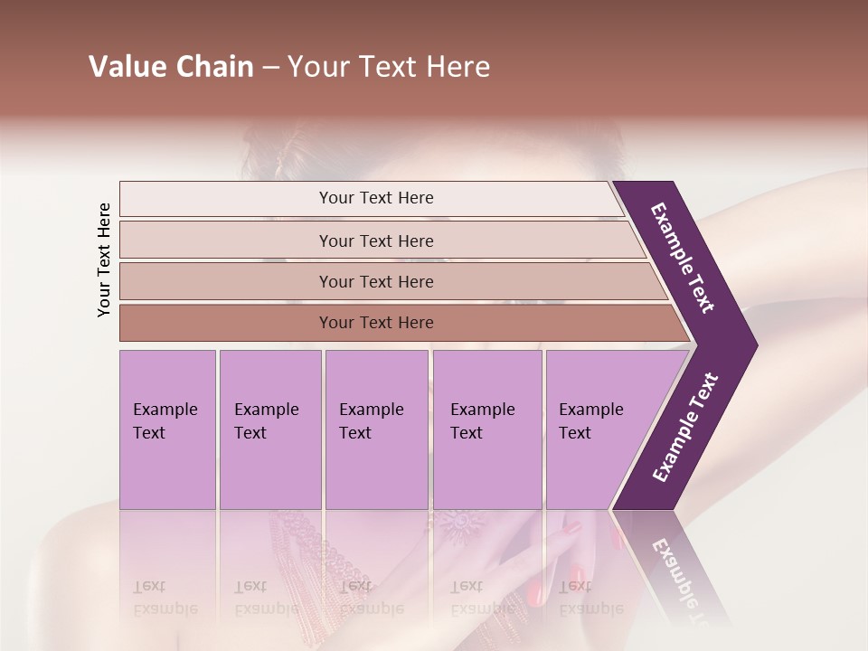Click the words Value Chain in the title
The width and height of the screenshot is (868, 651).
[x=171, y=67]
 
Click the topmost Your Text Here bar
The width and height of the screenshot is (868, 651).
[x=375, y=198]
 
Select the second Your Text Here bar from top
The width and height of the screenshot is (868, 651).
[x=375, y=241]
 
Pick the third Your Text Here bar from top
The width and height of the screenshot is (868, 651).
[x=375, y=281]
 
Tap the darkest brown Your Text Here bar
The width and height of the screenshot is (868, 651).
[x=375, y=323]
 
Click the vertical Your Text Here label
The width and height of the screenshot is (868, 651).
[x=104, y=259]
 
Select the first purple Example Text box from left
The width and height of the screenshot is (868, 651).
[x=167, y=429]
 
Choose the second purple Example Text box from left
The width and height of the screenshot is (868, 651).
[x=269, y=429]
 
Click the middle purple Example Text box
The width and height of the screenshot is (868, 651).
[x=376, y=429]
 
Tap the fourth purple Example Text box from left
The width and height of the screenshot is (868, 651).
[x=486, y=429]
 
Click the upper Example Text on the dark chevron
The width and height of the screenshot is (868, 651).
[x=684, y=258]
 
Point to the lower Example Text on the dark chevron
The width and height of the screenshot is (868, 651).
[x=685, y=428]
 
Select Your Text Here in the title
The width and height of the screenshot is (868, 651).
[x=389, y=67]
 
